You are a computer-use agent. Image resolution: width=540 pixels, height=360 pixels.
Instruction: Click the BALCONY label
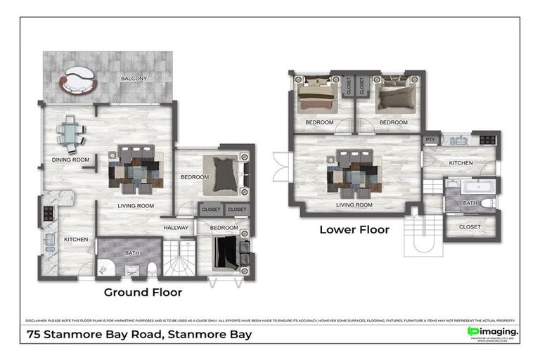134,78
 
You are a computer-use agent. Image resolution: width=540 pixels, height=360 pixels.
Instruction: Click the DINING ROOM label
71,160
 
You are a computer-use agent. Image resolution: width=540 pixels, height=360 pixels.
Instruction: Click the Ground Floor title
143,292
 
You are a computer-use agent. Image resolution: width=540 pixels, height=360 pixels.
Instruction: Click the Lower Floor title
354,229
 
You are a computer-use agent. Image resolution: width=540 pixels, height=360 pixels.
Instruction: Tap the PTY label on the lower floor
430,140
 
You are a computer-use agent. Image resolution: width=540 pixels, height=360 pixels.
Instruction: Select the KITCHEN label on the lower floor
461,163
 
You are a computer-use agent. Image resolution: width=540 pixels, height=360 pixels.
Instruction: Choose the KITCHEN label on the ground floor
76,240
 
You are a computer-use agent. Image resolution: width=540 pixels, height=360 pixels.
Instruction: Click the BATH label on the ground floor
131,252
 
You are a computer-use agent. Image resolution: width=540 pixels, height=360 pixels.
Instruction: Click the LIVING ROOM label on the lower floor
354,205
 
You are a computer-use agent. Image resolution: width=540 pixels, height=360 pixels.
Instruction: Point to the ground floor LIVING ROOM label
136,205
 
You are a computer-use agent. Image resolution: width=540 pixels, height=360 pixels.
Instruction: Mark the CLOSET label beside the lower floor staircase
470,226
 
